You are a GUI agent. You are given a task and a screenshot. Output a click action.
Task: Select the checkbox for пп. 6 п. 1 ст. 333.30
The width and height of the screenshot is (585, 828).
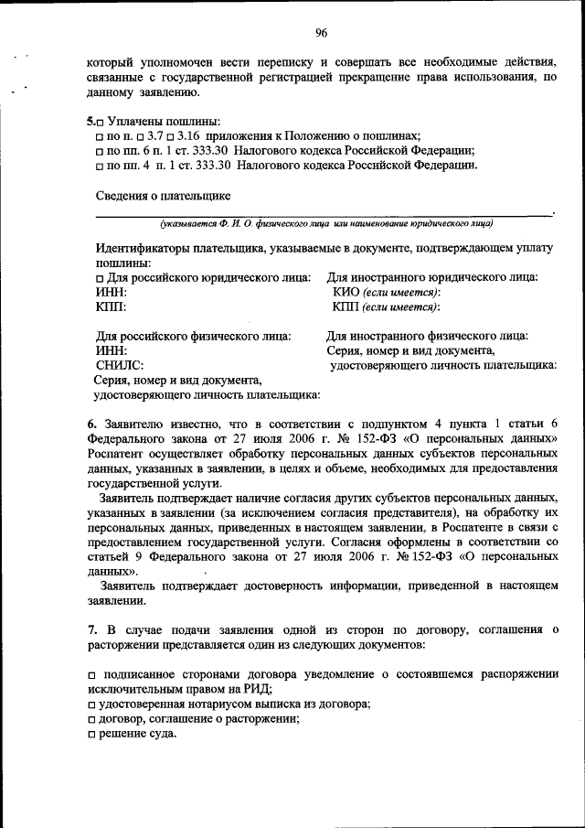(x=100, y=150)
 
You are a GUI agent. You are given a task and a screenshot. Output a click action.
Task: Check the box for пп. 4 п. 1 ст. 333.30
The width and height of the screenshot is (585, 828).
(x=100, y=166)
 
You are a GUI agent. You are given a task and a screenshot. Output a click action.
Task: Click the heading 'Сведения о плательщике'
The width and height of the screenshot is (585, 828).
(x=163, y=195)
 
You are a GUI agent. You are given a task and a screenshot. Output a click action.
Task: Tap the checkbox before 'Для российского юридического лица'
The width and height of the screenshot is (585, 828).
(x=100, y=277)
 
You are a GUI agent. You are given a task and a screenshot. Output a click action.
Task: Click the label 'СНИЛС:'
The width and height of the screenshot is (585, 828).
(x=119, y=365)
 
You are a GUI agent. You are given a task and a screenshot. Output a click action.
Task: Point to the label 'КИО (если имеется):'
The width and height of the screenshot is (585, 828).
(x=387, y=292)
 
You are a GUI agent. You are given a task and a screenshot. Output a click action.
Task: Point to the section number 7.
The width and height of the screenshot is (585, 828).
(x=91, y=629)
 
